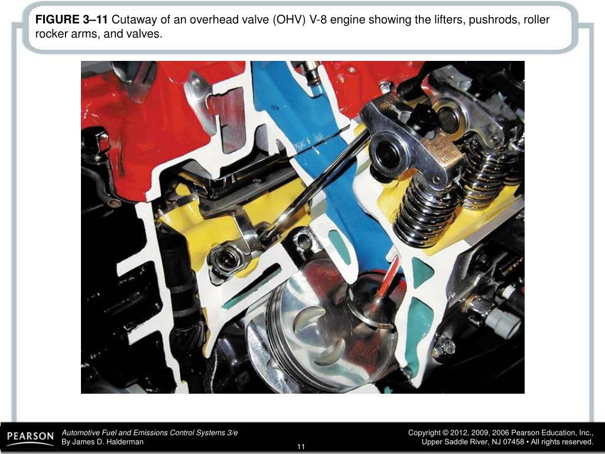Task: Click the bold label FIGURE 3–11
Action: coord(71,20)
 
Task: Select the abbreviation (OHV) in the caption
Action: coord(289,20)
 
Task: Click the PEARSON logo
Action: coord(30,437)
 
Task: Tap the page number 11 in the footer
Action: coord(301,446)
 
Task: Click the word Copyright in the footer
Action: coord(425,433)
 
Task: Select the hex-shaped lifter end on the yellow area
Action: coord(226,259)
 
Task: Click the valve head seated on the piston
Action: coord(369,310)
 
